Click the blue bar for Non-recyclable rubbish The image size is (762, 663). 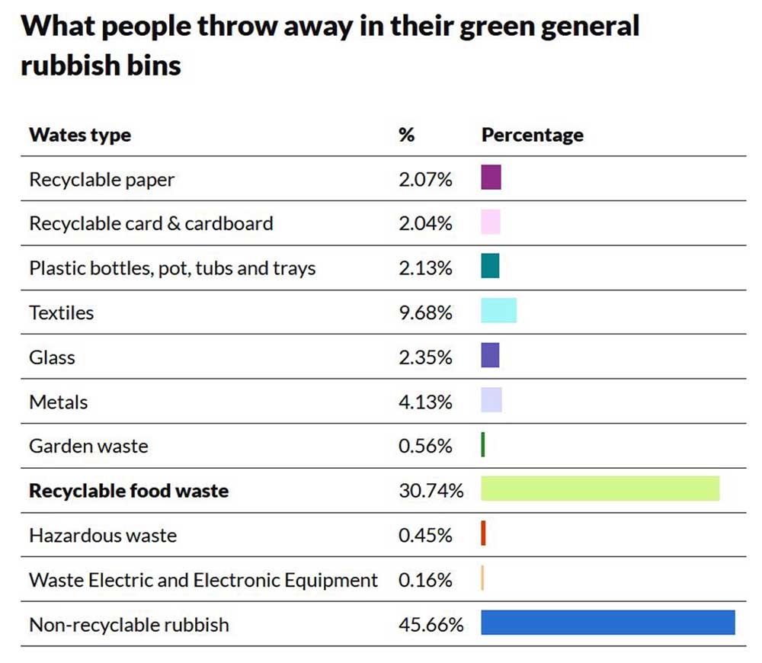(607, 623)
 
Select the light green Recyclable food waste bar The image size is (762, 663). (600, 488)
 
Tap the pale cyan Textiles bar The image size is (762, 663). (498, 310)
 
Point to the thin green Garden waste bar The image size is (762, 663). (483, 444)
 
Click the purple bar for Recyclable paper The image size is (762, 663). (491, 178)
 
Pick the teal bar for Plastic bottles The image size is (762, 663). (490, 266)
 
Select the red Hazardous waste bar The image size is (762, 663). (483, 533)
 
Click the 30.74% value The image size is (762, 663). (431, 490)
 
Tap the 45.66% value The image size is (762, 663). (431, 625)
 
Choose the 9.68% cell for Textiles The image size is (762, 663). (425, 312)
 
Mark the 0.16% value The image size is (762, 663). (425, 580)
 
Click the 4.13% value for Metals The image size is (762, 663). (425, 402)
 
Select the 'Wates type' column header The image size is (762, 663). (80, 135)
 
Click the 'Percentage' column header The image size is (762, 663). (533, 135)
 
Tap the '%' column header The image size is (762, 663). (406, 135)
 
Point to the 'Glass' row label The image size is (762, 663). (52, 357)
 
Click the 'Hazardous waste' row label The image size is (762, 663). (103, 535)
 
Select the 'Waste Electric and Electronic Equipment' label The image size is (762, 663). (203, 580)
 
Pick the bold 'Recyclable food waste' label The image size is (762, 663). (129, 490)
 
